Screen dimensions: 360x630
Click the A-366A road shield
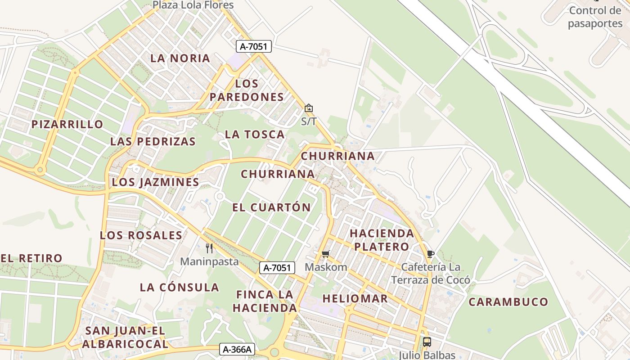coord(237,349)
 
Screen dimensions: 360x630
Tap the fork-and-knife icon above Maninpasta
coord(209,248)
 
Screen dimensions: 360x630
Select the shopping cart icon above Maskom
coord(326,254)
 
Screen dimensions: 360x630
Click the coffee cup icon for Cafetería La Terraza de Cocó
coord(430,254)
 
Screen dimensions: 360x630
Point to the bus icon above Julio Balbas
coord(427,342)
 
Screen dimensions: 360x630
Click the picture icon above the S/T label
coord(309,108)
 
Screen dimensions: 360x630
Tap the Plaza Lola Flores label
coord(193,5)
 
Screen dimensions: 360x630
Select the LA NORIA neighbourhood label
coord(180,58)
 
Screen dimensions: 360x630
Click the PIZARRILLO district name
coord(67,124)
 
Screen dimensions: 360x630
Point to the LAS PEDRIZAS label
coord(153,141)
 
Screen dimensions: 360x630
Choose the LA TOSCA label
coord(255,134)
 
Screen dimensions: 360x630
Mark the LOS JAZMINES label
coord(155,182)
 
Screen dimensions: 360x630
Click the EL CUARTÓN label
coord(271,207)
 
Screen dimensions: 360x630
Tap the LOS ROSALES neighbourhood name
coord(141,235)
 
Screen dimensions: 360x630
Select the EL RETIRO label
coord(31,258)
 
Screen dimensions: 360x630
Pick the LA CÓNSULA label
coord(179,287)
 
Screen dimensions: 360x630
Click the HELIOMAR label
coord(355,298)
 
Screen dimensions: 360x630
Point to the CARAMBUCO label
coord(508,302)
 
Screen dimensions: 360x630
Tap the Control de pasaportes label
coord(595,17)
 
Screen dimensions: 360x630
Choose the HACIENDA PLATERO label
coord(382,240)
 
